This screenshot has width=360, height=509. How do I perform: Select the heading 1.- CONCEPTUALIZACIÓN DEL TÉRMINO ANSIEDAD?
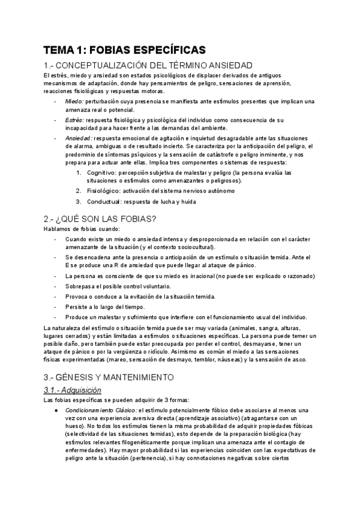tap(148, 65)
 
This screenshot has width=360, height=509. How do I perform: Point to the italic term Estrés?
tap(75, 120)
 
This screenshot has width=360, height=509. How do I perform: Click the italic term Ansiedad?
tap(79, 137)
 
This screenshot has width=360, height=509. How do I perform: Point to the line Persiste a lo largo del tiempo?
tap(110, 306)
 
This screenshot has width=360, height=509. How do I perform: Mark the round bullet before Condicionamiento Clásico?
tap(55, 393)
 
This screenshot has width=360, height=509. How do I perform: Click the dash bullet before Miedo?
tap(55, 101)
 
